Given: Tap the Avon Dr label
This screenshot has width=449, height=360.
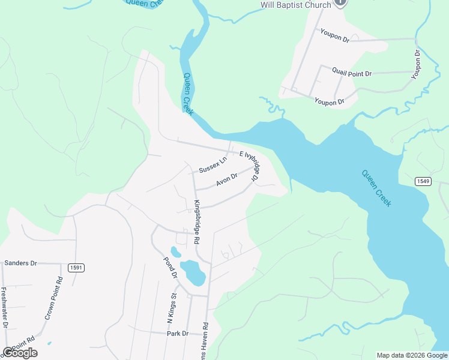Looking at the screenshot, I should [227, 179].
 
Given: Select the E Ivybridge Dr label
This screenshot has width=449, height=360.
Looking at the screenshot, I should [249, 166].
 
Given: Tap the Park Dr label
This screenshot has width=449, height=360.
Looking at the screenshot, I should [178, 333].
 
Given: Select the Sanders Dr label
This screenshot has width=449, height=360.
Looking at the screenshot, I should [20, 263].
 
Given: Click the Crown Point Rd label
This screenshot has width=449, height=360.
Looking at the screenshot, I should [52, 298].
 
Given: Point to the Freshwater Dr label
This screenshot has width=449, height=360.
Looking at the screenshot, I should [4, 308].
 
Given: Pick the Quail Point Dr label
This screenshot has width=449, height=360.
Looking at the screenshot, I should [352, 73].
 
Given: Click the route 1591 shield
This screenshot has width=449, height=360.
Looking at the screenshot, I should [76, 268].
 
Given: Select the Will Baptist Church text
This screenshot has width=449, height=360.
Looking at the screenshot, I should [295, 5].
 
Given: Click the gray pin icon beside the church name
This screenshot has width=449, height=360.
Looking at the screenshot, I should [340, 3].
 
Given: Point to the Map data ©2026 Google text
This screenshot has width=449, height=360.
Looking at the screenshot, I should [412, 355].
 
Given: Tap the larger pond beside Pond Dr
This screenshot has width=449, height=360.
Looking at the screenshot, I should [193, 272].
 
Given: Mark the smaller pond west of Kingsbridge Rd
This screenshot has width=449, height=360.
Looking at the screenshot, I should [175, 251].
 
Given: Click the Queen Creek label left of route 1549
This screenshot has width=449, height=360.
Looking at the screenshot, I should [376, 188].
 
